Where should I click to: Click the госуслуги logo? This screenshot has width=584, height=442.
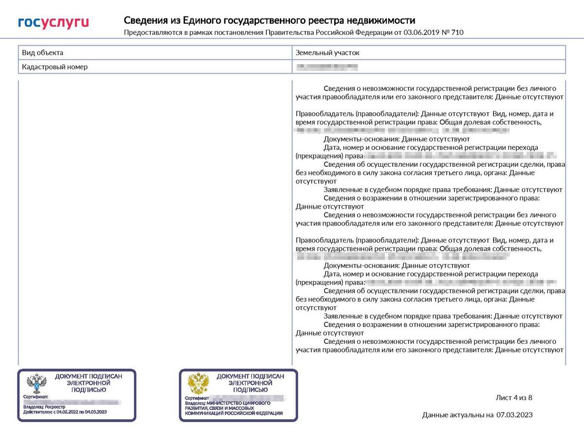(54, 22)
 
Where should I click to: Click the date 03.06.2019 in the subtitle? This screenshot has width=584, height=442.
(421, 33)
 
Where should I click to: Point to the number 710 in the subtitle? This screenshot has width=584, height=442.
(457, 33)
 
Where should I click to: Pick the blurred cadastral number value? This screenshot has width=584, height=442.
(327, 67)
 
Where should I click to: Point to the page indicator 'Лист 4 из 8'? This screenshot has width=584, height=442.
(514, 398)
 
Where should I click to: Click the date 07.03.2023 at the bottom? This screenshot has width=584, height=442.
(514, 415)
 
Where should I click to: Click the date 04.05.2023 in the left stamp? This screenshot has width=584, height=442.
(96, 412)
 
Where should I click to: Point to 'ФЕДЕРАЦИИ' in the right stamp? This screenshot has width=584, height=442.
(267, 413)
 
